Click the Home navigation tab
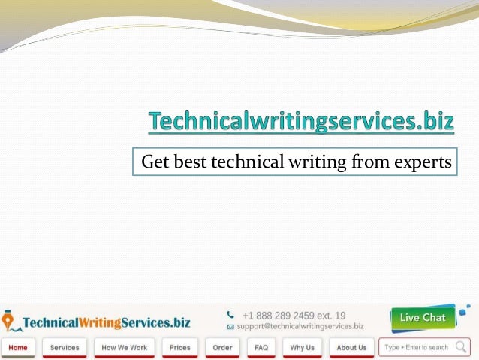click(x=18, y=348)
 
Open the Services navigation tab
click(x=65, y=348)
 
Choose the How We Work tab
click(x=125, y=348)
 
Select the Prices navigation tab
click(x=179, y=348)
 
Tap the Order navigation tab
click(x=222, y=348)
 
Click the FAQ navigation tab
click(x=261, y=348)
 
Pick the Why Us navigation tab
click(x=302, y=348)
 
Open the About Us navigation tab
click(x=351, y=348)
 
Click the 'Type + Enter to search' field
click(x=416, y=348)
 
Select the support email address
click(x=300, y=327)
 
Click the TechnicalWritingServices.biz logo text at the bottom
click(x=106, y=322)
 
